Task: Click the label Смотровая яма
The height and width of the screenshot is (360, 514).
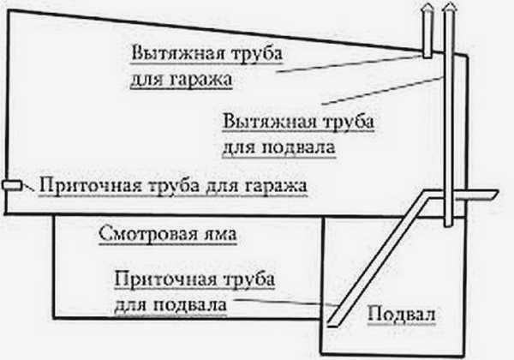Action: (168, 234)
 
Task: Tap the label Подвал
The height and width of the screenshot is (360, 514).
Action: (401, 314)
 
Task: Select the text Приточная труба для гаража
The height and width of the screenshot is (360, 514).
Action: (173, 186)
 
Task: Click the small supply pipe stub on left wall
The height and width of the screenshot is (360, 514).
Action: (12, 185)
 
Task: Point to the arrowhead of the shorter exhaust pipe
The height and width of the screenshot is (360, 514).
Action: (427, 9)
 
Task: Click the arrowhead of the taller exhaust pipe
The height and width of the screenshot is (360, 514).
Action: (449, 9)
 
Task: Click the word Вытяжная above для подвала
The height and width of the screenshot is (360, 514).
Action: (270, 122)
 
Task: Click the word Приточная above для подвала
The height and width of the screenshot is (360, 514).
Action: (165, 279)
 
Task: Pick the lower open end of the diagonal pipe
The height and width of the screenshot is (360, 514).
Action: (332, 324)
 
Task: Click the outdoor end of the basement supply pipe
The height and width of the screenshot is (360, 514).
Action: (494, 194)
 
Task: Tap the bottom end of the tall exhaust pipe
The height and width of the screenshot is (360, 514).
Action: (448, 224)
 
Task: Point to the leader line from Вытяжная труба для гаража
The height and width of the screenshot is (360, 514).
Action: (349, 63)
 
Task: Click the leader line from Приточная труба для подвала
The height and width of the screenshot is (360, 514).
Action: (286, 303)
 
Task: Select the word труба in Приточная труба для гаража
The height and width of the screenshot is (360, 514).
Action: (174, 186)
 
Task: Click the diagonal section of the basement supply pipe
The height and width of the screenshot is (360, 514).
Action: (378, 260)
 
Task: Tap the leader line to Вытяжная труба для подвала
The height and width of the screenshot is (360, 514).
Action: (382, 91)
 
